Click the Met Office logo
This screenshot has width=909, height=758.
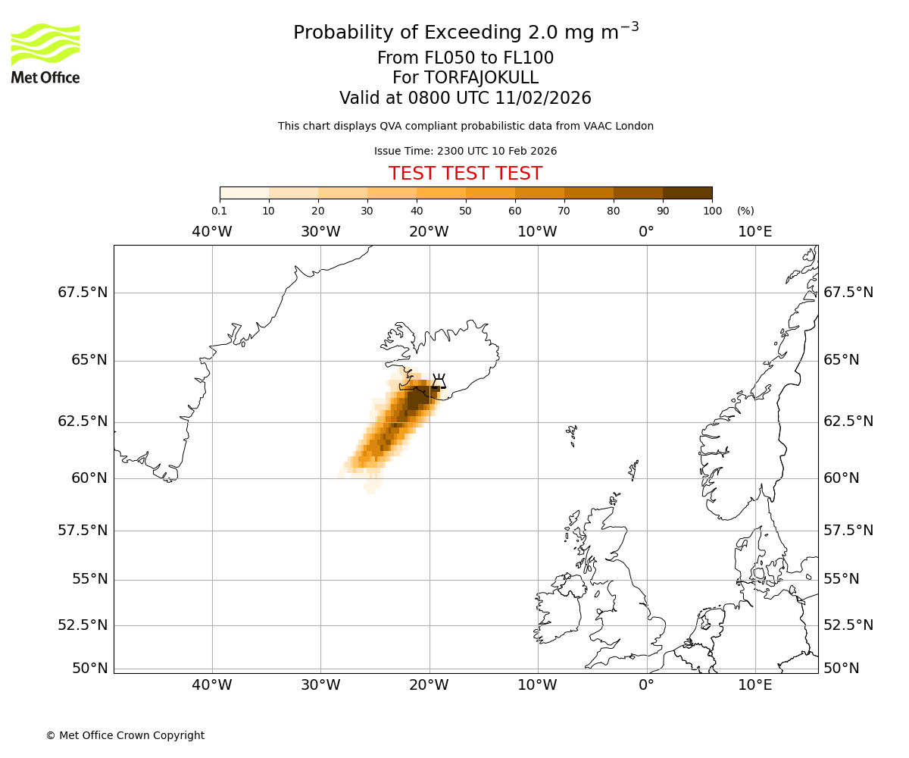[45, 53]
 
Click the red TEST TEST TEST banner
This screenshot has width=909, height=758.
[465, 174]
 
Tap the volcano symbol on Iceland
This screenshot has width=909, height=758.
[439, 380]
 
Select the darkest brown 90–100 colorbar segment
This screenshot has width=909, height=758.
[687, 193]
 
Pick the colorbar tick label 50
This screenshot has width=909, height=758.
[465, 211]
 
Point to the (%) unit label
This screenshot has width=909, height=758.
[745, 211]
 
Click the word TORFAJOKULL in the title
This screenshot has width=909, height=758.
[483, 78]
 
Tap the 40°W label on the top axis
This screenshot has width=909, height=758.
[212, 231]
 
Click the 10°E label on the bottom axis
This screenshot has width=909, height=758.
[755, 685]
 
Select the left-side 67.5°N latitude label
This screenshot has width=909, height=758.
[83, 293]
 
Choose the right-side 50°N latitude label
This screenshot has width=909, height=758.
[842, 668]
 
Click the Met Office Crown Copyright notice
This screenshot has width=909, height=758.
[125, 735]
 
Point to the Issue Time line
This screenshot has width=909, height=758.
[465, 151]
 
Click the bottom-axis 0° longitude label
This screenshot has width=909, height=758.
[646, 685]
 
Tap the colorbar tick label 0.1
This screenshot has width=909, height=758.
[219, 211]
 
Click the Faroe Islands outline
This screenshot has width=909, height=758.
[571, 435]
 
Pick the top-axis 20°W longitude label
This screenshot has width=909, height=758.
[429, 231]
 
